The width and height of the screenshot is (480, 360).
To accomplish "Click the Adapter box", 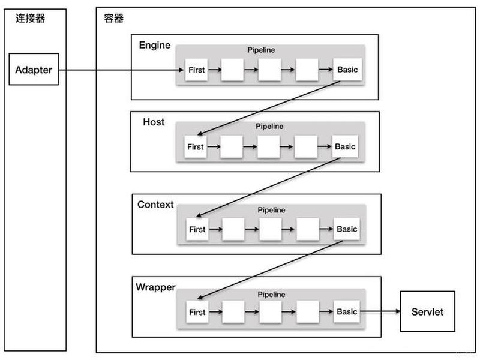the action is click(x=34, y=69).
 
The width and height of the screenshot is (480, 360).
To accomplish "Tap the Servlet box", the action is click(x=427, y=311).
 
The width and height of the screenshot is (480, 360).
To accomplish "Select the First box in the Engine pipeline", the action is click(x=196, y=70).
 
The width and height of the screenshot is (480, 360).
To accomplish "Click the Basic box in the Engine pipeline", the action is click(x=347, y=70).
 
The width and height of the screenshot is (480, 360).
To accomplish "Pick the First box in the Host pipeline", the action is click(x=196, y=146).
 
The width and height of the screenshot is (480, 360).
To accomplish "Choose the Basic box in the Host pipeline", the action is click(x=345, y=146).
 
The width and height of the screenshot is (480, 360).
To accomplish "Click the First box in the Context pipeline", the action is click(x=197, y=229).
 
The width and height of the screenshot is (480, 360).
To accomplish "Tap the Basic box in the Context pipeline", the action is click(x=347, y=229).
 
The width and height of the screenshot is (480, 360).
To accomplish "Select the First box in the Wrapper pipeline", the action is click(x=197, y=312).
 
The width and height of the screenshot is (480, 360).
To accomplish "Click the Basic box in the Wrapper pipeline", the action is click(x=347, y=311).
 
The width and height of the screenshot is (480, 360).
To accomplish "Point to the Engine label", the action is click(x=155, y=45).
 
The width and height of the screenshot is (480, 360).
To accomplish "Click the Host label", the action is click(x=154, y=122).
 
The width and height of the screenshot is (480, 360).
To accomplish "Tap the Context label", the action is click(x=155, y=205).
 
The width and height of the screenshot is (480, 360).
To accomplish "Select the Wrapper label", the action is click(x=155, y=287).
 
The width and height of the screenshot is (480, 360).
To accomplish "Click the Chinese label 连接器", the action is click(x=31, y=18).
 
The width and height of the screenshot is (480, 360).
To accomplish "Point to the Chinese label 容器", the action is click(x=114, y=19).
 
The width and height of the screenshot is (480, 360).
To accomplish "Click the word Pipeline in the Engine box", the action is click(x=261, y=50).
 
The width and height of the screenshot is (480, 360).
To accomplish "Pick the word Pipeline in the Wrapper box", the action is click(x=272, y=295).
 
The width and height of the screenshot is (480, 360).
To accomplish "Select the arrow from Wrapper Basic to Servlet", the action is click(x=380, y=311).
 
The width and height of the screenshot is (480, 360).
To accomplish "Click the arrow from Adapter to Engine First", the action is click(x=121, y=70).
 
